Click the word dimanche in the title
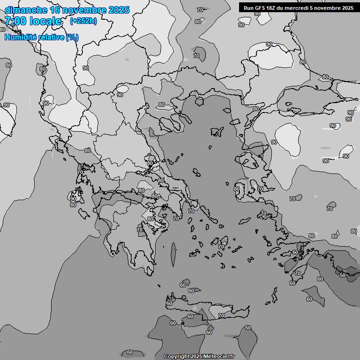[x=25, y=10]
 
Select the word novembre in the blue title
[x=83, y=10]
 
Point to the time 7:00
[x=15, y=21]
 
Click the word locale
[x=46, y=21]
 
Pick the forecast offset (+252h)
[x=83, y=21]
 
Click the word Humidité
[x=21, y=37]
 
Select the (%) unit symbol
[x=72, y=37]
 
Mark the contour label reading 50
[x=343, y=275]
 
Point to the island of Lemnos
[x=217, y=132]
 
